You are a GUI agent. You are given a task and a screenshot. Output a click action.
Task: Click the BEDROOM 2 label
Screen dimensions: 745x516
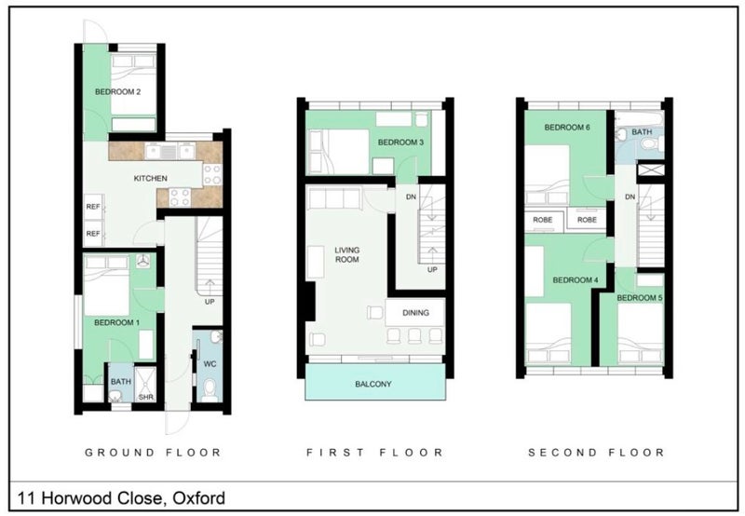118,91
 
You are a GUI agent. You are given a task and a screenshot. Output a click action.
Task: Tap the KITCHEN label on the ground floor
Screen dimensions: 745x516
150,178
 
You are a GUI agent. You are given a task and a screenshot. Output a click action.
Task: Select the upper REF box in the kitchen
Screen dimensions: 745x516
93,207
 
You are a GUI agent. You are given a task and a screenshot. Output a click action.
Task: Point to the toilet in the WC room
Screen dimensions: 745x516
209,389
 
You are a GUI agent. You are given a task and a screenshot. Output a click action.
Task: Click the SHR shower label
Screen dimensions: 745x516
146,397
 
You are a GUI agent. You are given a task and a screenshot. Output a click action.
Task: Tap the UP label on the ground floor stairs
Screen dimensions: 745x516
210,302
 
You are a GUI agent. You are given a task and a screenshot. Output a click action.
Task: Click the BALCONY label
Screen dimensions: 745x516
373,384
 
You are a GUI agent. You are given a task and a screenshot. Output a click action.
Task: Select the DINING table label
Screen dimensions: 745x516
415,313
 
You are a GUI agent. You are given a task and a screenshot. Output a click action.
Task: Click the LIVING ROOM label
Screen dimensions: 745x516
346,254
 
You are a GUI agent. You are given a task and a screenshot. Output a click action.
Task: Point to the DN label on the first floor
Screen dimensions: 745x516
411,197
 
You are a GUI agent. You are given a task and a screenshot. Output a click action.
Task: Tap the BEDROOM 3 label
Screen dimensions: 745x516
400,143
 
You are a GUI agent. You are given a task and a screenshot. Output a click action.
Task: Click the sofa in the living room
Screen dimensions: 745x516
334,198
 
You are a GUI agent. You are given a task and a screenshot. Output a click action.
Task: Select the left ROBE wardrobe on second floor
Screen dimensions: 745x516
543,220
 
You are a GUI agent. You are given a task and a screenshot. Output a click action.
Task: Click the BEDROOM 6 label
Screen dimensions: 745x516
567,128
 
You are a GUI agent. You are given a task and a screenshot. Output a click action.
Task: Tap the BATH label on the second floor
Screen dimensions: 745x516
642,132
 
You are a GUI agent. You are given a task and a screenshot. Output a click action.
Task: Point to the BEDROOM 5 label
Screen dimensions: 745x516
640,298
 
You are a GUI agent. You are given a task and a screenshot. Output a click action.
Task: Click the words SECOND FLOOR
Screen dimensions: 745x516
596,453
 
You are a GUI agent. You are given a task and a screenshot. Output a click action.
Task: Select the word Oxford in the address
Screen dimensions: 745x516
199,498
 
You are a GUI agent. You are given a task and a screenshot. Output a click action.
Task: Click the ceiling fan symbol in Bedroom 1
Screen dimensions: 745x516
143,261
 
